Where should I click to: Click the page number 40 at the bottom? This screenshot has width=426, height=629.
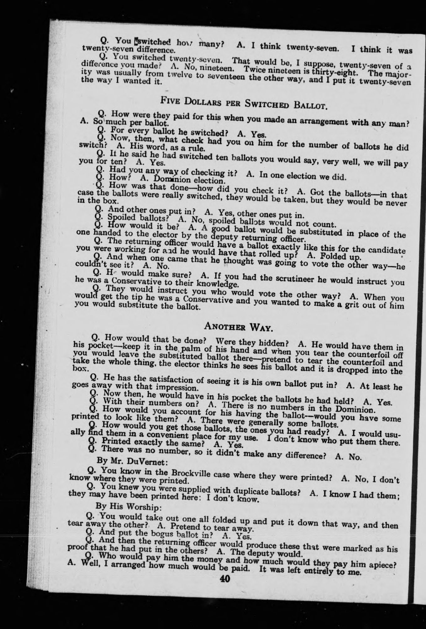225,578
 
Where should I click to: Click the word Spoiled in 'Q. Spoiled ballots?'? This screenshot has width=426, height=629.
119,217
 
